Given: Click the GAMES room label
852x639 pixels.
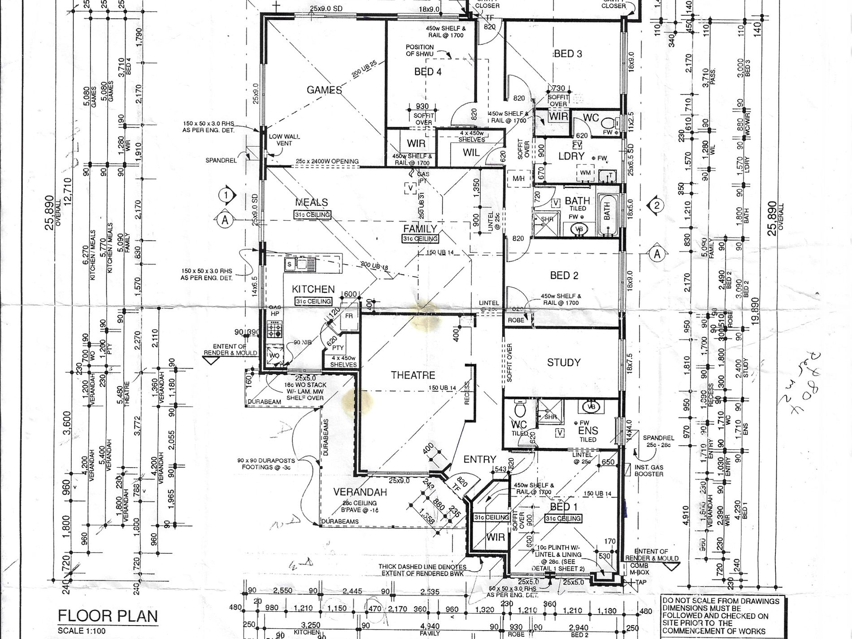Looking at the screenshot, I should (x=324, y=90).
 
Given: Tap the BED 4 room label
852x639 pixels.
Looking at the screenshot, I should (x=427, y=72).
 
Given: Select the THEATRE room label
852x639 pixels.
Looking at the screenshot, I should (x=413, y=375).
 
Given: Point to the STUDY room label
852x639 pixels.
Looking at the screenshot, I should (x=564, y=362).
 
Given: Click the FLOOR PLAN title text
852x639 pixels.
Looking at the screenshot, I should (x=108, y=616).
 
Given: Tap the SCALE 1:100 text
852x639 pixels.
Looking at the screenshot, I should (x=82, y=631).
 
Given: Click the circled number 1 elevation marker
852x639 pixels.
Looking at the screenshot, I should (x=227, y=196).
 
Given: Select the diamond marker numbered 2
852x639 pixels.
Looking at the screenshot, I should (x=656, y=205).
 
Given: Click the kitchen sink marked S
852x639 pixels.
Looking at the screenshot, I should (x=290, y=264).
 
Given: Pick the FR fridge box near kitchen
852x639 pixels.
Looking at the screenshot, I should (x=349, y=316).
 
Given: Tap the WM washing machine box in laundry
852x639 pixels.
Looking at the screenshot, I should (x=586, y=173).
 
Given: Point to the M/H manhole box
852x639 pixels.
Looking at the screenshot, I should (x=518, y=178).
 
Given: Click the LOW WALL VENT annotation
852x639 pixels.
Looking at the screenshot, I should (x=284, y=140).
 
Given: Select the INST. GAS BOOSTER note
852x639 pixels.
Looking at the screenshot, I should (x=649, y=470).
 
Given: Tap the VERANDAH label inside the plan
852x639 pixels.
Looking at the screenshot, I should (x=360, y=492).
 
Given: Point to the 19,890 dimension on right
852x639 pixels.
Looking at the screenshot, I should (x=757, y=318).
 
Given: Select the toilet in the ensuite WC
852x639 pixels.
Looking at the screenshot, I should (x=521, y=409).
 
